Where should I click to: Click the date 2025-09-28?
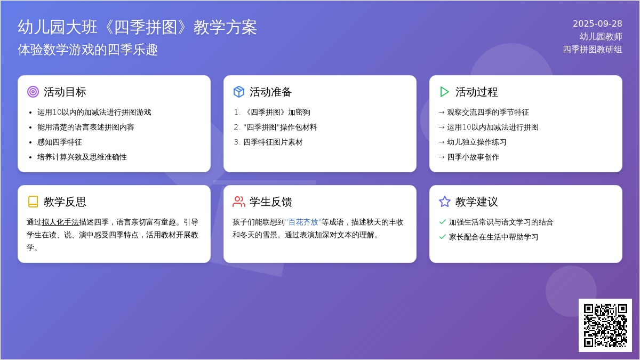click(x=597, y=23)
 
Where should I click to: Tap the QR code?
click(x=605, y=325)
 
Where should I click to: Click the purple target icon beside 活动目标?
click(x=33, y=92)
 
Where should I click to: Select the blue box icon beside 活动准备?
click(x=238, y=92)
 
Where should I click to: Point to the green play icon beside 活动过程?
click(x=444, y=92)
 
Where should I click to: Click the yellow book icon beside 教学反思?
click(x=33, y=202)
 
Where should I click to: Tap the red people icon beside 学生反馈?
click(x=238, y=202)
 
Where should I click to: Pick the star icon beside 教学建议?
click(x=445, y=202)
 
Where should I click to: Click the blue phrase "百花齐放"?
click(x=303, y=222)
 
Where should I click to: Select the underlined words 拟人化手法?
click(x=60, y=222)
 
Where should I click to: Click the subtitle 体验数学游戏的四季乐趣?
click(x=87, y=50)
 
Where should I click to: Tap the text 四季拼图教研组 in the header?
click(x=593, y=50)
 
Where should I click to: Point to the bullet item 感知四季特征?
click(x=59, y=142)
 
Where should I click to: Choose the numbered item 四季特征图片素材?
click(x=273, y=142)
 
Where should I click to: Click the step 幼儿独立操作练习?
click(x=477, y=142)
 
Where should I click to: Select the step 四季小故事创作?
click(x=473, y=157)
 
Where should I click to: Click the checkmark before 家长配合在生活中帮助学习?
click(x=442, y=237)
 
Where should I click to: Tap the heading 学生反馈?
click(x=270, y=202)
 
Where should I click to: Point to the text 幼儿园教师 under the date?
click(x=601, y=37)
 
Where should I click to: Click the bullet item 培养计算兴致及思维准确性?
click(x=82, y=157)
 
